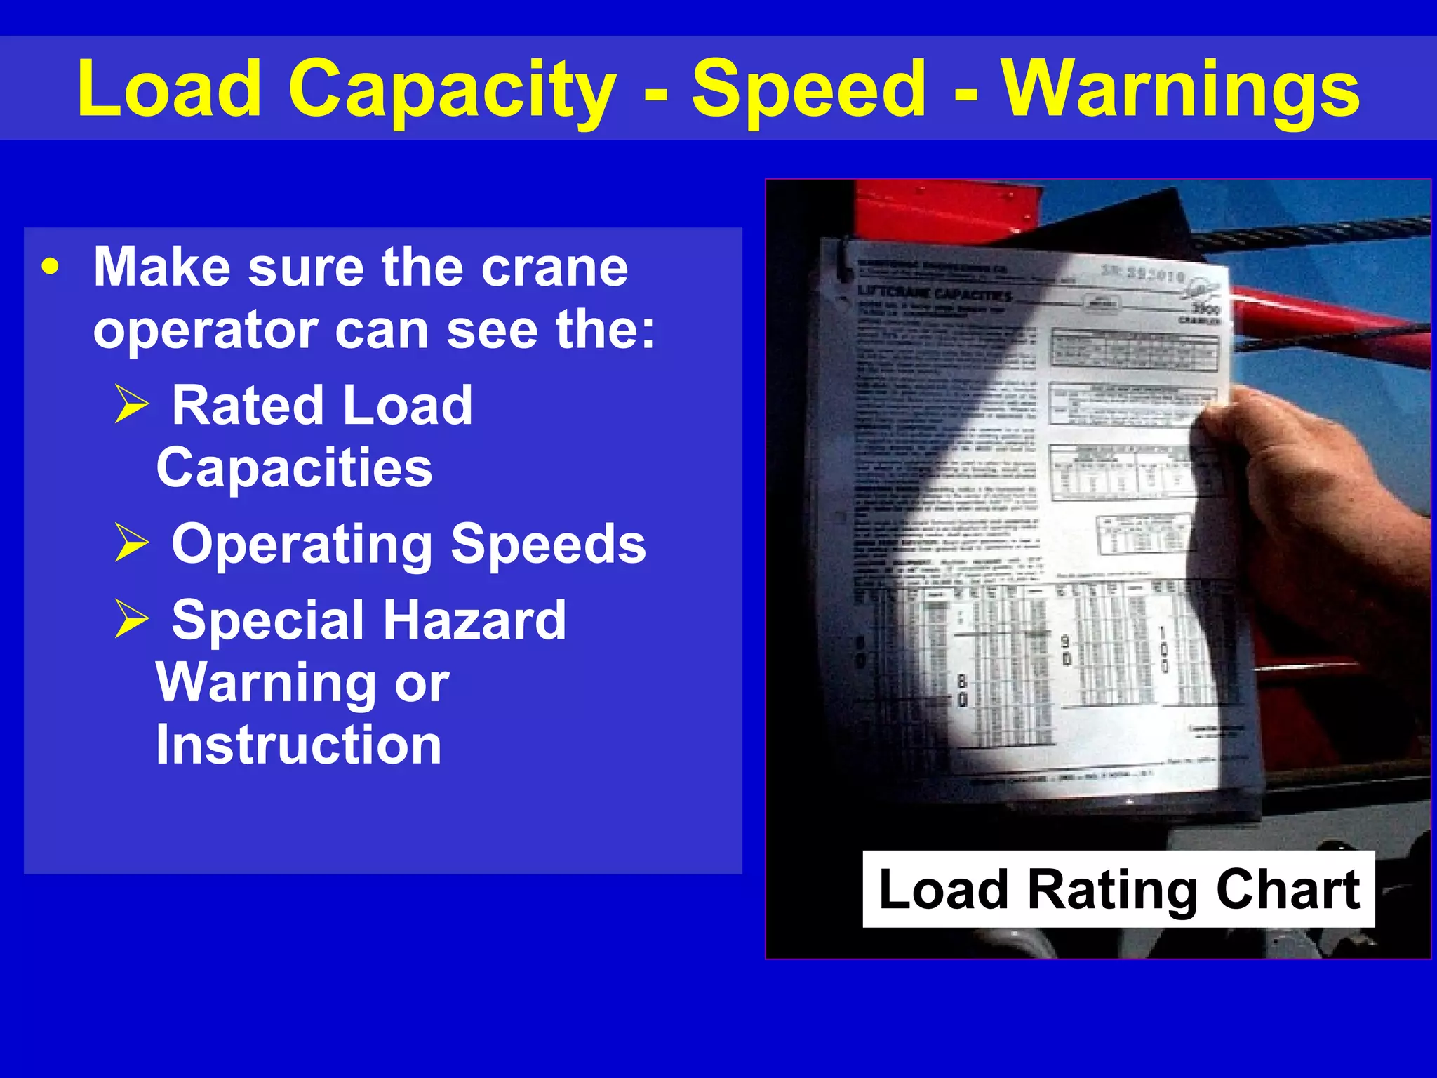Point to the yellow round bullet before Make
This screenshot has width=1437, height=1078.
pos(50,267)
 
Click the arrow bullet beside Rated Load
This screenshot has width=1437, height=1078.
pos(132,405)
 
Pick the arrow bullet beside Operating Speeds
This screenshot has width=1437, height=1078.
pos(132,543)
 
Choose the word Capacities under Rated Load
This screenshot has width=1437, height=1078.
pos(294,468)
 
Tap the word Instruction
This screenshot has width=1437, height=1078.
pos(298,745)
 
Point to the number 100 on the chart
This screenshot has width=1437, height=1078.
pos(1163,649)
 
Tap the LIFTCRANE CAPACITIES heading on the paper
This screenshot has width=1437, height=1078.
pos(935,293)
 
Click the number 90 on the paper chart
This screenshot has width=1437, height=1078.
pos(1065,650)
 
